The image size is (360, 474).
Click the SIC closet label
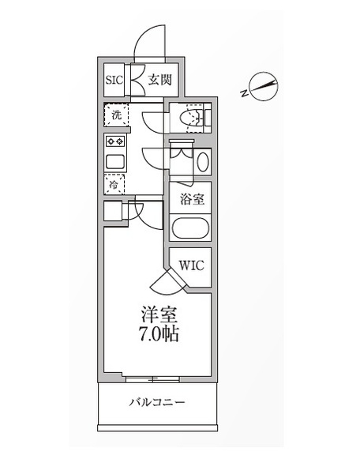(x=114, y=80)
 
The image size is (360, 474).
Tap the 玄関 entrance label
(x=159, y=80)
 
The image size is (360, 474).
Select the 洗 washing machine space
(x=117, y=115)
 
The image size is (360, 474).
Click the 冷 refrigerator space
(x=114, y=184)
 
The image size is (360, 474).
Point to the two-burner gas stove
(x=115, y=141)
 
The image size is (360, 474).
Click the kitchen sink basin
(x=115, y=162)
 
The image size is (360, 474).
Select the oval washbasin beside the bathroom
(x=203, y=162)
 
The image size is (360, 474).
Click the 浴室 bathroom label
(x=192, y=199)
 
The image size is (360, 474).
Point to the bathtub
(x=190, y=228)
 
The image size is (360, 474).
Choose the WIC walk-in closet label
(x=192, y=265)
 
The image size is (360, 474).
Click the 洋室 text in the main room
(x=159, y=314)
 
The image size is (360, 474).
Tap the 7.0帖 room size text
(x=159, y=333)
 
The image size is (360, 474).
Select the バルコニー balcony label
(x=157, y=402)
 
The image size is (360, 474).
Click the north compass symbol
(x=264, y=86)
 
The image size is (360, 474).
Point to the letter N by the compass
(x=244, y=93)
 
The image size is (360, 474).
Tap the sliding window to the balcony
(x=152, y=379)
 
